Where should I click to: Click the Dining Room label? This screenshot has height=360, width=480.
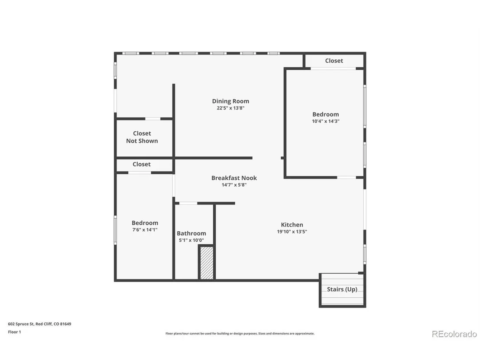point(230,101)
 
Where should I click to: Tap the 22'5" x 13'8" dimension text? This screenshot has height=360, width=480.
point(230,108)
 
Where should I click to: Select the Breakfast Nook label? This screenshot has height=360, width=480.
point(234,178)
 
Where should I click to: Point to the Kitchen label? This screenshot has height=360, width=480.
point(292,225)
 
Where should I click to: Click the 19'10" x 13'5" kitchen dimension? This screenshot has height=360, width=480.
point(292,232)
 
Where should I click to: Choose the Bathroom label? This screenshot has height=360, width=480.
point(191,233)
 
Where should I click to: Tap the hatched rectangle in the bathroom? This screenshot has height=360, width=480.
point(207,263)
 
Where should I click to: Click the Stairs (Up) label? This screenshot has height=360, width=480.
point(342,289)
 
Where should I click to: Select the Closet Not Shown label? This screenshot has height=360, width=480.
point(142,137)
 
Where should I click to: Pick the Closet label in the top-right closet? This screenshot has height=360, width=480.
point(334,61)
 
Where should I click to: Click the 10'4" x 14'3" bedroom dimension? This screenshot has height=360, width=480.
point(326,121)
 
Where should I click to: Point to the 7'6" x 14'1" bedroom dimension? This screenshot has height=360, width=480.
point(145,230)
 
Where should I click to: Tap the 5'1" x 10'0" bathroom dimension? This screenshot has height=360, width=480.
point(191,240)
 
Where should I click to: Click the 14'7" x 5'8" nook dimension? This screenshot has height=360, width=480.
point(234,185)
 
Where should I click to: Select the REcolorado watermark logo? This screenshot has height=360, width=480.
point(454,334)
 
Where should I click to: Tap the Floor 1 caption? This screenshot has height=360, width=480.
point(14,332)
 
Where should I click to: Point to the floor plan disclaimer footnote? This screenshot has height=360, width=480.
point(240,334)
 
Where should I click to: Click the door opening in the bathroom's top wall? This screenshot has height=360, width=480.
point(188,203)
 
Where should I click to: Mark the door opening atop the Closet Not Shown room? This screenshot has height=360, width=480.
point(153,119)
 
